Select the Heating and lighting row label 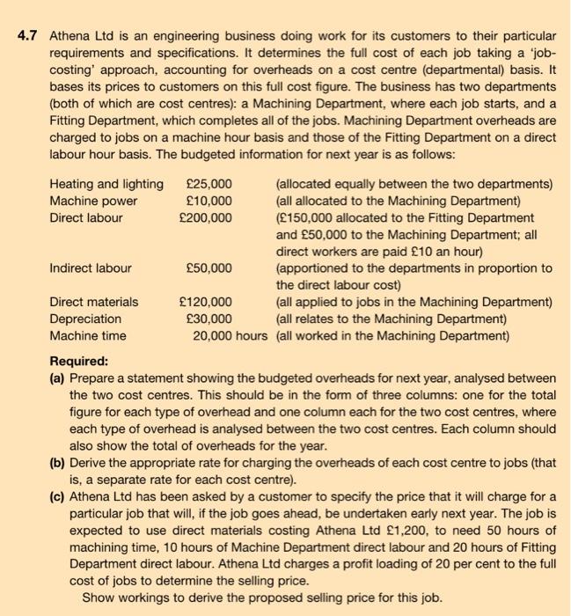[106, 184]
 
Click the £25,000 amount [209, 184]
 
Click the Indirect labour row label [91, 268]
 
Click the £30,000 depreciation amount [209, 319]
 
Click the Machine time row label [87, 335]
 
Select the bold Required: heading [79, 361]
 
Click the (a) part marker [58, 378]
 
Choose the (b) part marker [58, 464]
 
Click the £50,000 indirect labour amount [209, 268]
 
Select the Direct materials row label [93, 303]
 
